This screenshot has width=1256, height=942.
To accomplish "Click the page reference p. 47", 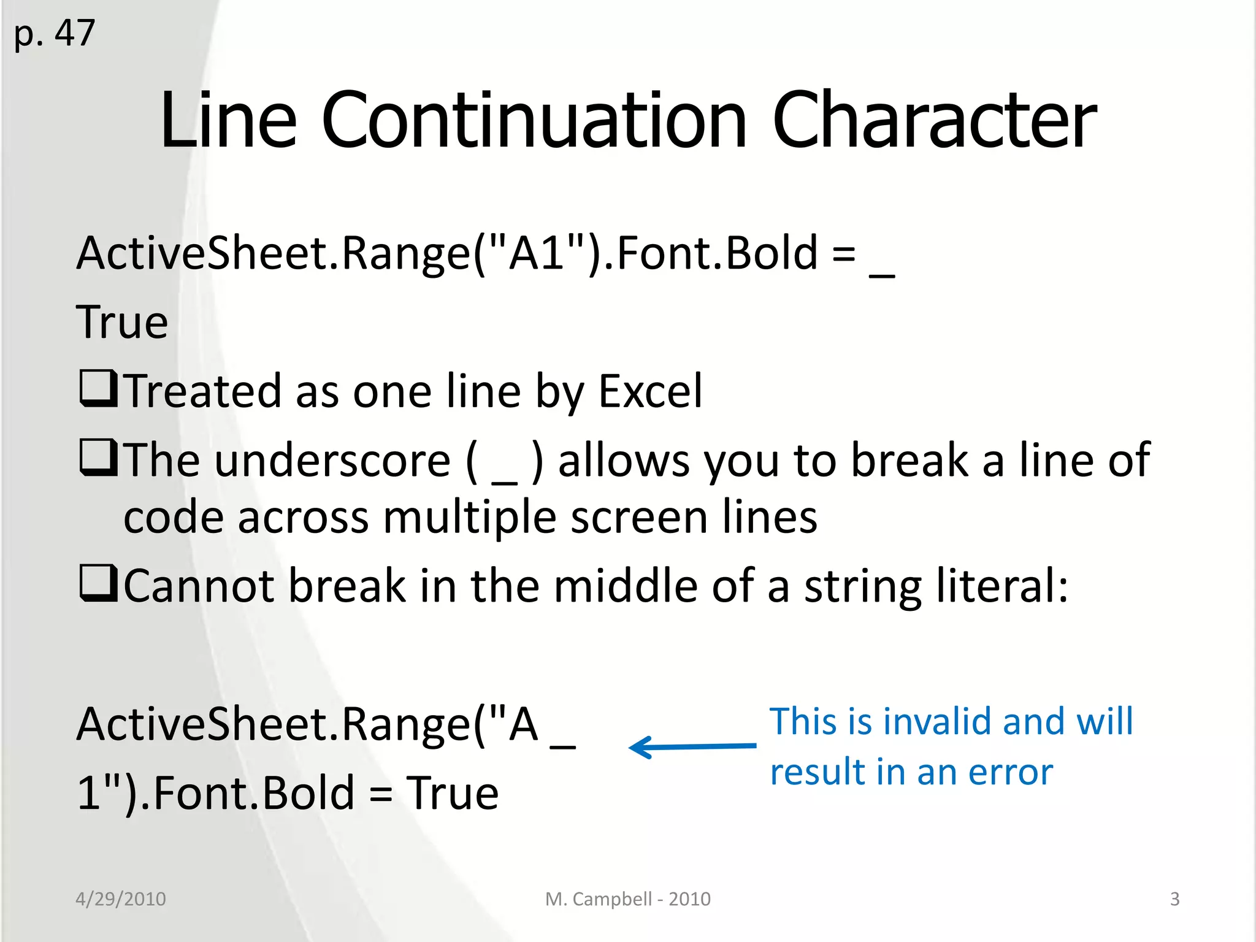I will tap(54, 33).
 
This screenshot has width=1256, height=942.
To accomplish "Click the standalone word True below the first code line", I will tap(122, 323).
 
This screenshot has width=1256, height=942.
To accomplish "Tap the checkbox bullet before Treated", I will tap(98, 389).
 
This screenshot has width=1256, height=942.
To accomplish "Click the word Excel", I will tap(650, 391).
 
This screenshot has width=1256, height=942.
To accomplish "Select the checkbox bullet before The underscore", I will tap(98, 458).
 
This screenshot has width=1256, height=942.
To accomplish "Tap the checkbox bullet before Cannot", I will tap(98, 584).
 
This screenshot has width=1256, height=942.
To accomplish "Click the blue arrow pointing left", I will tap(692, 747).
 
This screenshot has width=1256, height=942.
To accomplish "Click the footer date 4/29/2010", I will tap(121, 899).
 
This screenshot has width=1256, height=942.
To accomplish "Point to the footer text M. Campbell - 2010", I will tap(627, 899).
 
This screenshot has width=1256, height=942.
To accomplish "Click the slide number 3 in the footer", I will tap(1174, 899).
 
